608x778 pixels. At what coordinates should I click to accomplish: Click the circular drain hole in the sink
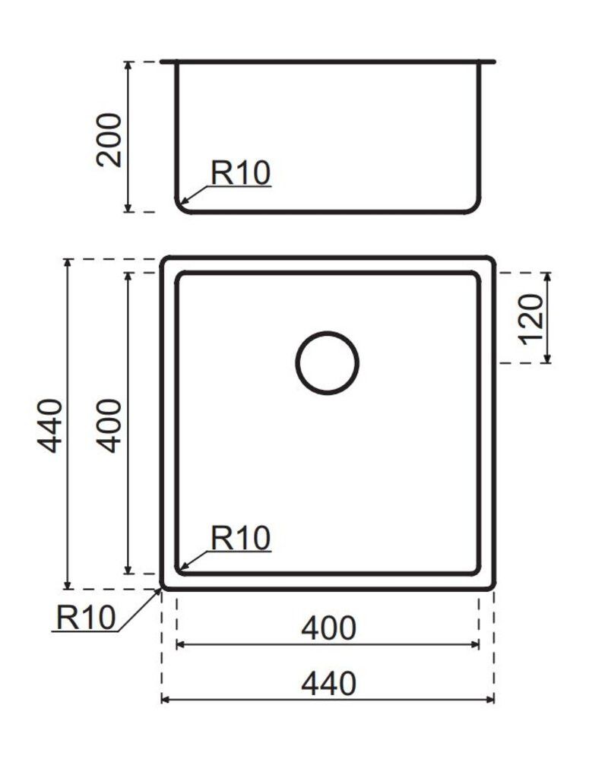[327, 363]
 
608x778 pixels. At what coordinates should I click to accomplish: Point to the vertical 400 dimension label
[110, 425]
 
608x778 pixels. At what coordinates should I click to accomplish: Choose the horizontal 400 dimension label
[328, 628]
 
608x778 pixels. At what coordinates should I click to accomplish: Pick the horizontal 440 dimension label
[328, 684]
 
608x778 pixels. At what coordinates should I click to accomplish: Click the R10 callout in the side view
[240, 173]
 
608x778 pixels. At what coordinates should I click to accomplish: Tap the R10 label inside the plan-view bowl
[240, 539]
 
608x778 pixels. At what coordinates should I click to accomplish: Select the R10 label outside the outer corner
[85, 616]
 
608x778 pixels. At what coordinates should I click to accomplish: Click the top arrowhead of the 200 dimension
[129, 66]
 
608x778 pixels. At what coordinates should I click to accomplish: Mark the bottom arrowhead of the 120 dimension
[547, 358]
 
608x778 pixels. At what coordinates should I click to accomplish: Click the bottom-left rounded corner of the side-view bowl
[182, 207]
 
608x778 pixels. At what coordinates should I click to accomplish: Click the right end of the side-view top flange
[493, 62]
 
